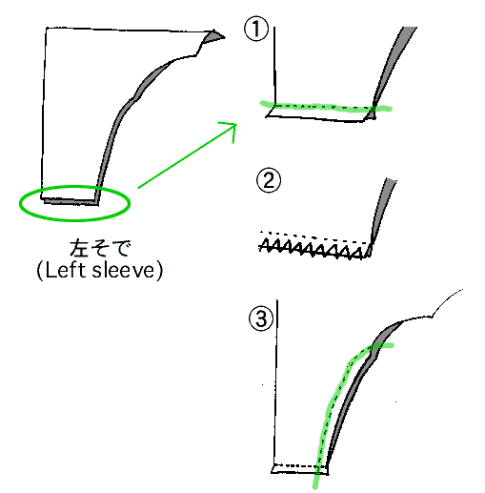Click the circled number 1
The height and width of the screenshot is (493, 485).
tap(256, 29)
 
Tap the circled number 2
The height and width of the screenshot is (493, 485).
tap(269, 180)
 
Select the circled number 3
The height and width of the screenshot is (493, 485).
tap(261, 318)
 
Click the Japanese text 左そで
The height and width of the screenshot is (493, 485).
tap(100, 248)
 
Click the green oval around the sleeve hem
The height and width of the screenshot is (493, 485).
tap(74, 219)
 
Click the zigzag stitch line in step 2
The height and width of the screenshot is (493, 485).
tap(312, 249)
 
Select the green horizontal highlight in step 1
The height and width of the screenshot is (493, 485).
tap(326, 107)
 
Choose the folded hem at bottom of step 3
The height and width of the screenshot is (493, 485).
tap(300, 470)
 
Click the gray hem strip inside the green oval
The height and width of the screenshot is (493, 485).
tap(71, 202)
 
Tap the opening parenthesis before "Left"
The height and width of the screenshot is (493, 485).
tap(39, 271)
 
